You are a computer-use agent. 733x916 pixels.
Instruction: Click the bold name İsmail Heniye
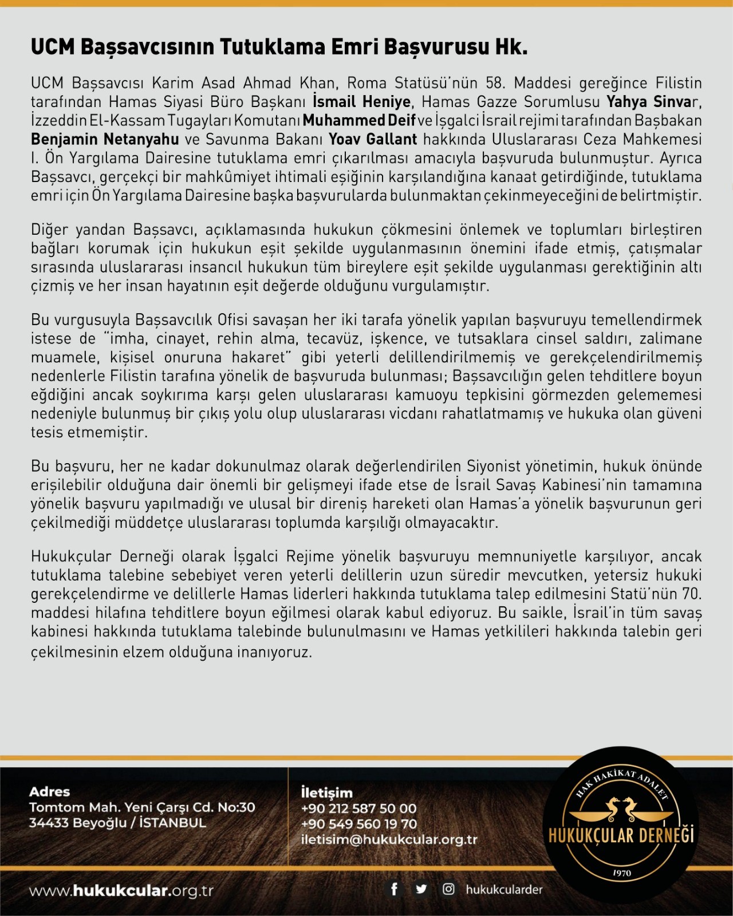tap(361, 102)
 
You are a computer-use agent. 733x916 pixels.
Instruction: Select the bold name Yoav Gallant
tap(373, 139)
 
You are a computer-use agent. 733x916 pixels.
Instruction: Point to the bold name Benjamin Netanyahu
tap(105, 139)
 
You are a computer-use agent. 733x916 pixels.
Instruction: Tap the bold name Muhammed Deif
tap(359, 121)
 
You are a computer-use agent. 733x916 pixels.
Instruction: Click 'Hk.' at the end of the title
tap(511, 47)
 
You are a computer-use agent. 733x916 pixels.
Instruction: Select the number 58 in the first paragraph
tap(495, 83)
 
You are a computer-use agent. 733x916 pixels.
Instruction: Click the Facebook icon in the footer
tap(394, 889)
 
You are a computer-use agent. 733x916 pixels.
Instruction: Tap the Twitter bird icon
tap(421, 889)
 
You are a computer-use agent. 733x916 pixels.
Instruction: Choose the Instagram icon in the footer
tap(448, 889)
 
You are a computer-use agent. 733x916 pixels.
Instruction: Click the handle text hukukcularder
tap(504, 890)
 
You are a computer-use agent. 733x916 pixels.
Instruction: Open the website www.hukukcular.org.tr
tap(121, 891)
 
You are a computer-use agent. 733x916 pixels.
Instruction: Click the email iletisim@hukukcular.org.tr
tap(389, 840)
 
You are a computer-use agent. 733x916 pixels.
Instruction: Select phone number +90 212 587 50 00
tap(358, 809)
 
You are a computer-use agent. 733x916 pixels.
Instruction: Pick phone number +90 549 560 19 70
tap(358, 824)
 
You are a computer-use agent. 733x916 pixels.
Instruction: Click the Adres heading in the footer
tap(49, 792)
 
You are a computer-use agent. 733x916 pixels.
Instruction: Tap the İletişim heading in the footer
tap(326, 793)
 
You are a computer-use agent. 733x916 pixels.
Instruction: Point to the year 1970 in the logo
tap(621, 873)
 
